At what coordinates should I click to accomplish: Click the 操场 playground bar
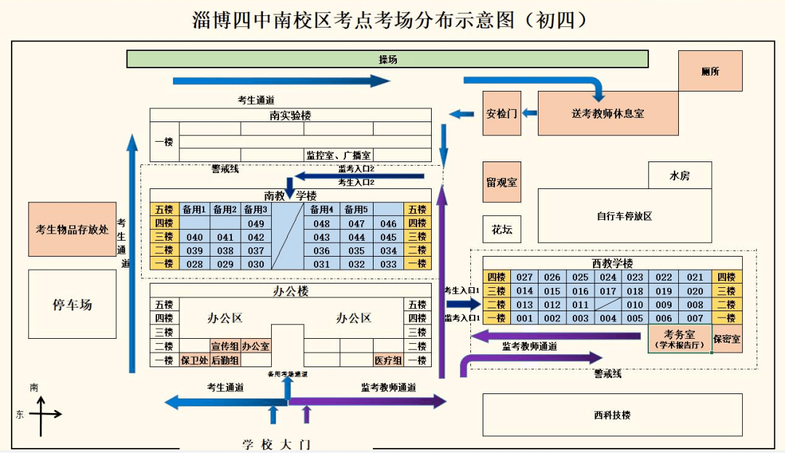(x=387, y=60)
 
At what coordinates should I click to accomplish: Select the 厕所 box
(x=710, y=71)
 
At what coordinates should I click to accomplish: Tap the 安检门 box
(x=502, y=113)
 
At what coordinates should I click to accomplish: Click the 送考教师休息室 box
(x=608, y=113)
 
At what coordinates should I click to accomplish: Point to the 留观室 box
(x=502, y=182)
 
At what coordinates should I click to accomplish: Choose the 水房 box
(x=680, y=175)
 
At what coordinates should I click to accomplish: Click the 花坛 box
(x=502, y=229)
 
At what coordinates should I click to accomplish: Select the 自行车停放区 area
(x=624, y=216)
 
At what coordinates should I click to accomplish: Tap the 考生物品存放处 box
(x=72, y=229)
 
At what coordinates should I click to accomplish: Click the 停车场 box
(x=72, y=304)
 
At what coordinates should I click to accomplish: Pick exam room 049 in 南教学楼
(x=256, y=224)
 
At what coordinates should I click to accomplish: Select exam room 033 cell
(x=389, y=264)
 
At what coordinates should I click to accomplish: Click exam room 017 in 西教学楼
(x=608, y=291)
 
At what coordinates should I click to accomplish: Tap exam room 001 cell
(x=525, y=318)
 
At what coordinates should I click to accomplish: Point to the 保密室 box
(x=727, y=339)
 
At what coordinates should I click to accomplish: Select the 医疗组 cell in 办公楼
(x=388, y=360)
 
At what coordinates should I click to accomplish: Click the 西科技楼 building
(x=612, y=415)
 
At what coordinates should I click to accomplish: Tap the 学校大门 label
(x=276, y=444)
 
